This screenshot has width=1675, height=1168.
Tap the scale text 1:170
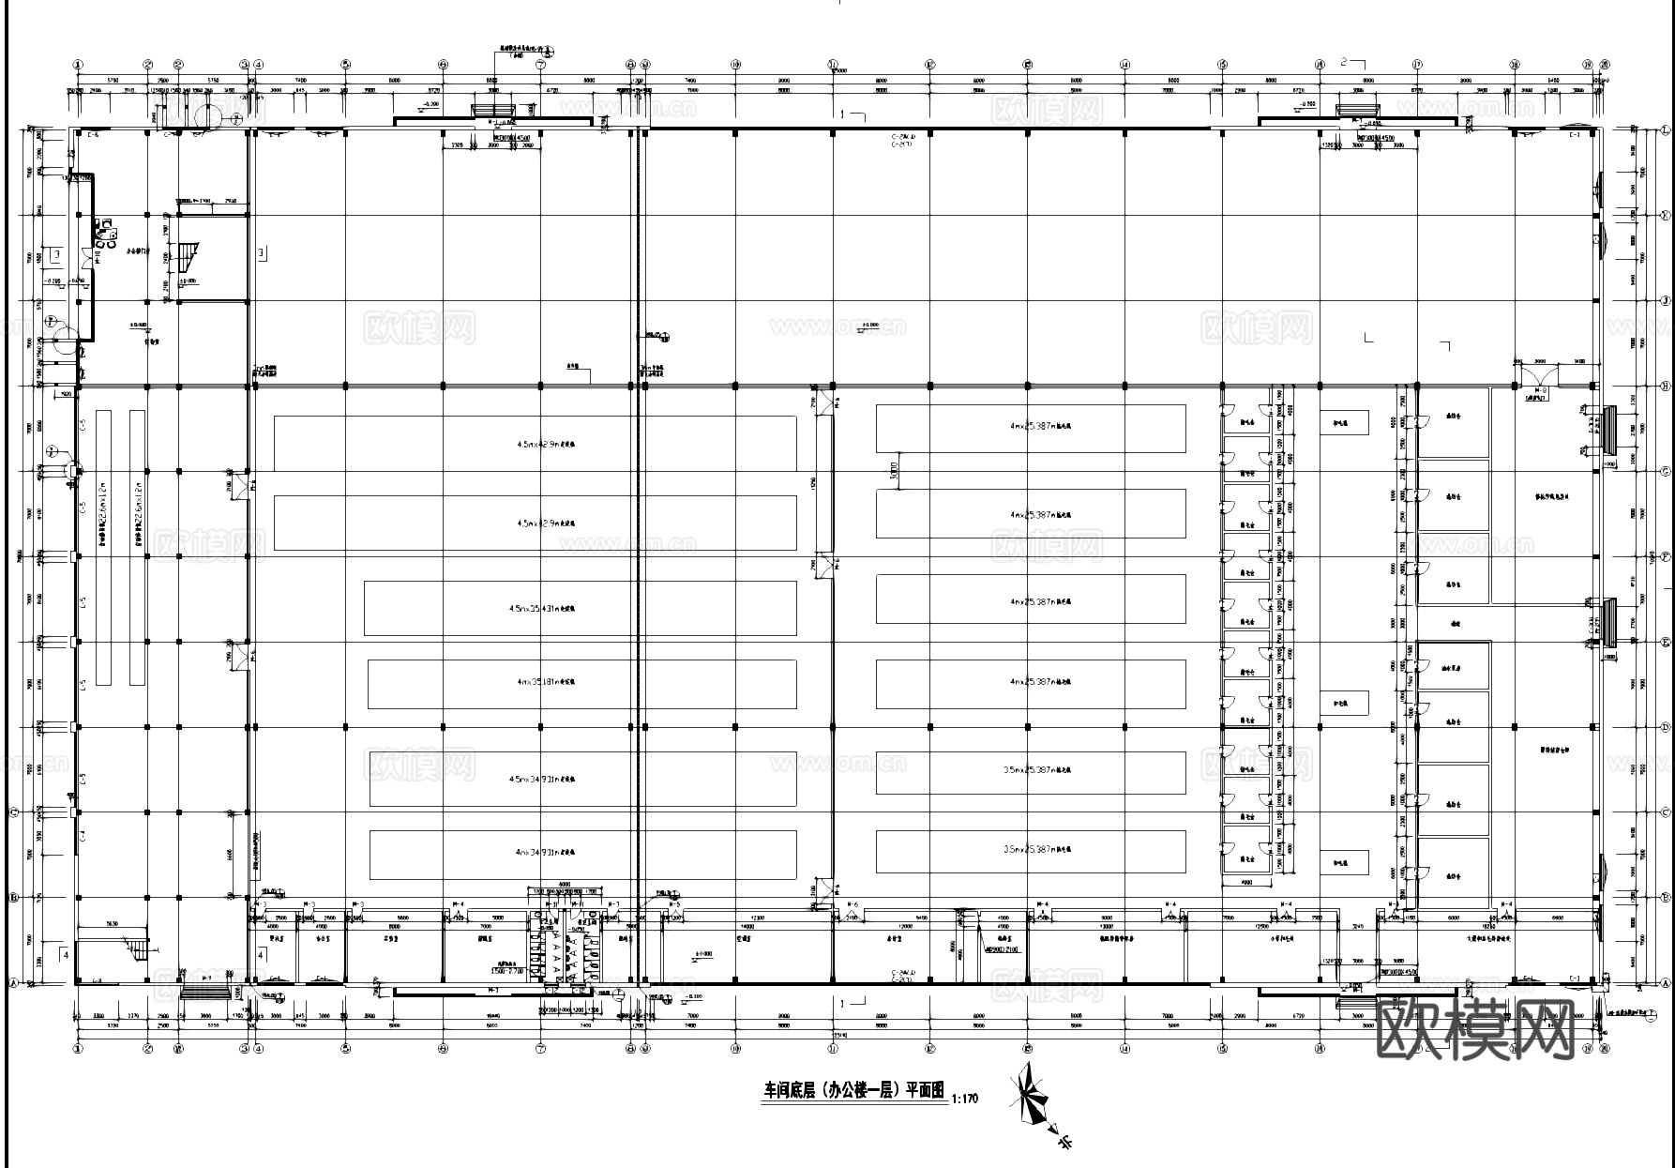(964, 1098)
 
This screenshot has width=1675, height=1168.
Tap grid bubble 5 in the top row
(345, 65)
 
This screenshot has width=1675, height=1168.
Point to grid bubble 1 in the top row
(77, 65)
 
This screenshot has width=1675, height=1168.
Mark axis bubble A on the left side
(13, 983)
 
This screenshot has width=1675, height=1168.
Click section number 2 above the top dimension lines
(1343, 62)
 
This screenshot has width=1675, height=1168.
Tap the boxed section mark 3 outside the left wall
(56, 254)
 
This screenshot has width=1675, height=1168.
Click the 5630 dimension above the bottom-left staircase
(112, 924)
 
